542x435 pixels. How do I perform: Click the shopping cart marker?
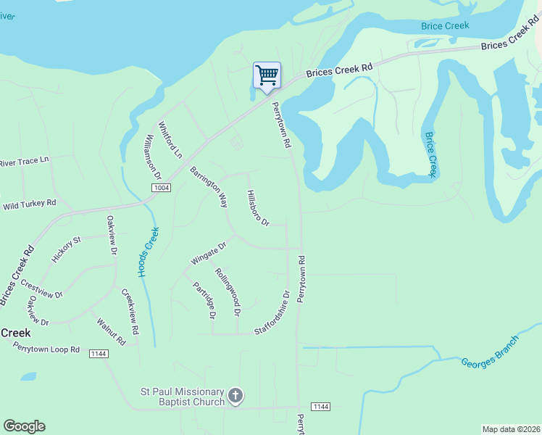click(x=267, y=75)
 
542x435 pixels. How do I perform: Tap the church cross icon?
click(x=235, y=395)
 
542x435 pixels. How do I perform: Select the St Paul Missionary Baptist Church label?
click(x=182, y=397)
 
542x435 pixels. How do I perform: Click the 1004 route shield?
click(x=161, y=188)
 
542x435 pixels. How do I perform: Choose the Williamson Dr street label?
click(x=151, y=157)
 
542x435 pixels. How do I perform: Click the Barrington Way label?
click(x=209, y=187)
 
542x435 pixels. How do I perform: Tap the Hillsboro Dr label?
click(x=257, y=208)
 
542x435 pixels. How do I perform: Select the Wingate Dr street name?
click(x=209, y=253)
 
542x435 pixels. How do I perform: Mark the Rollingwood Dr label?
click(x=227, y=292)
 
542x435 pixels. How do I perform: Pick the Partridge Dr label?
click(x=204, y=300)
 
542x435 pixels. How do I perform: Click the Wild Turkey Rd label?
click(x=29, y=204)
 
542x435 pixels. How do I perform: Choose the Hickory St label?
click(x=67, y=249)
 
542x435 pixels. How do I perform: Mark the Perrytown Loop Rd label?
click(x=46, y=349)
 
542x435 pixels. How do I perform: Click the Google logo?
click(x=24, y=426)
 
